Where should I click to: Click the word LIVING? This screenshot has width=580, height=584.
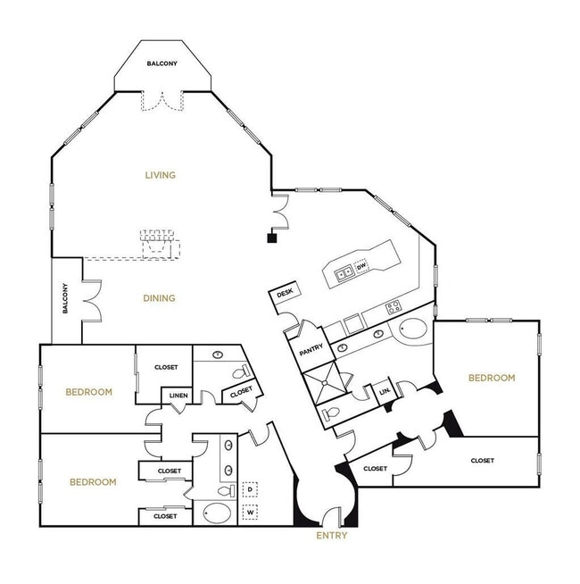[161, 175]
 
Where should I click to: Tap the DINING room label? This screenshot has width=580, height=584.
[160, 298]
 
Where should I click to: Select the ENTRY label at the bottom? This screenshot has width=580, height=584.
[332, 536]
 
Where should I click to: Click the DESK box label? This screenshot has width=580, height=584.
[286, 293]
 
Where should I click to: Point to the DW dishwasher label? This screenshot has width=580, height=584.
[361, 267]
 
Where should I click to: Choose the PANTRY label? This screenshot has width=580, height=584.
[311, 351]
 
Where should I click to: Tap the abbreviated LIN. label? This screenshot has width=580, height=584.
[385, 391]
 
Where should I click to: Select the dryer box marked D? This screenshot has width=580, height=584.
[250, 490]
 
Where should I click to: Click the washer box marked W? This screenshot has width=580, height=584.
[250, 513]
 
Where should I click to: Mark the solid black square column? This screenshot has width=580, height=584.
[271, 238]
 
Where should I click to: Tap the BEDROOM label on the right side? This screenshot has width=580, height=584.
[492, 378]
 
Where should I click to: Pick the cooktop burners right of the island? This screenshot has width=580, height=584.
[392, 307]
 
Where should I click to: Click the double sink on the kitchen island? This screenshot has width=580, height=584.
[343, 271]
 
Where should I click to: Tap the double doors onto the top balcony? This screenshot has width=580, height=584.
[162, 100]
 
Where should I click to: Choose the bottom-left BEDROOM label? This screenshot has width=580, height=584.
[93, 482]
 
